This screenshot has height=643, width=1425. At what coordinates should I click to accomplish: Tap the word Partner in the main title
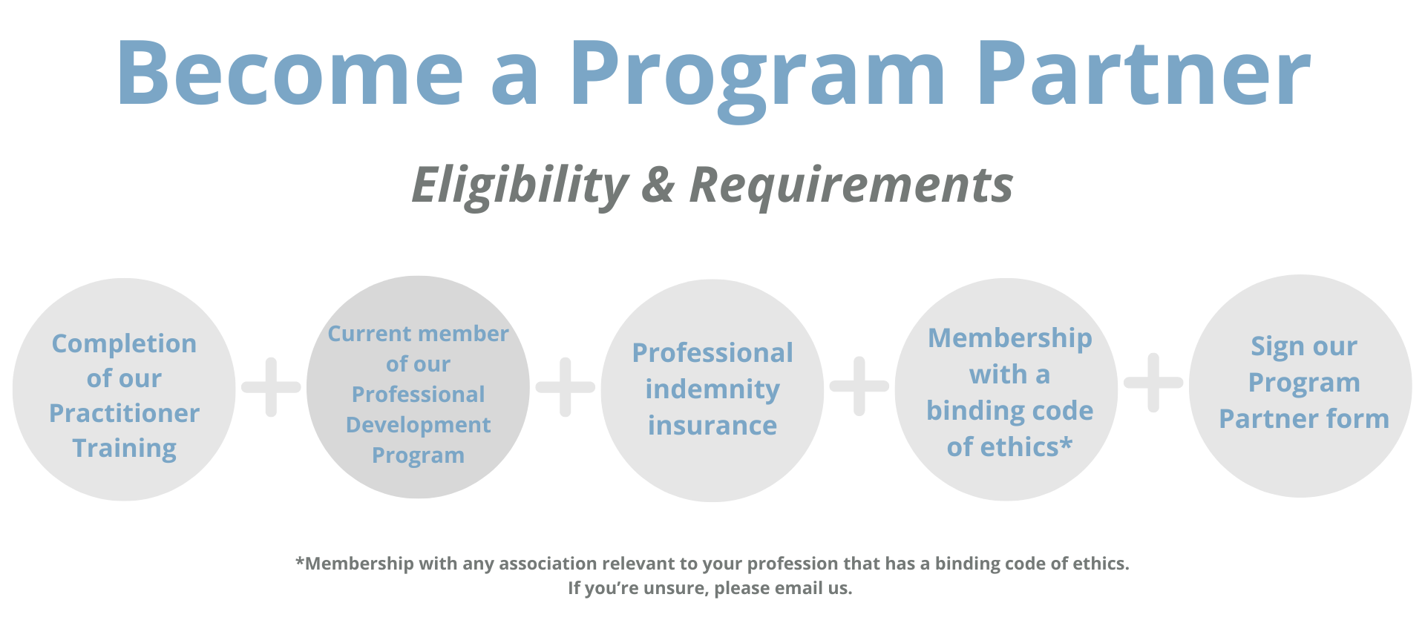click(x=1144, y=72)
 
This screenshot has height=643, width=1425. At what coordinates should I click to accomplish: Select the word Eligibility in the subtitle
click(x=520, y=185)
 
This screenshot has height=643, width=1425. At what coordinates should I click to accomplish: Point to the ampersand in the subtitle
click(x=658, y=185)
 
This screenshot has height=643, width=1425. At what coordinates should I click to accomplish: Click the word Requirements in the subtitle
click(x=851, y=185)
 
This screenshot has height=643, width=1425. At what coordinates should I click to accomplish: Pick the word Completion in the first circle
click(x=124, y=343)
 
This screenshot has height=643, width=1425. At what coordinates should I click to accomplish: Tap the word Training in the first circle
click(x=124, y=448)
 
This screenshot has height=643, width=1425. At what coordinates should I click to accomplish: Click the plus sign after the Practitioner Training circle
click(x=272, y=386)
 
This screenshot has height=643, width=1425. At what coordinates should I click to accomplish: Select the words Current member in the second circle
click(x=419, y=334)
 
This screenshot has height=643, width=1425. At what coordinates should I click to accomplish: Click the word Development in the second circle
click(x=419, y=425)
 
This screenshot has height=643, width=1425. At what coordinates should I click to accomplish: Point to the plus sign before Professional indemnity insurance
click(x=566, y=386)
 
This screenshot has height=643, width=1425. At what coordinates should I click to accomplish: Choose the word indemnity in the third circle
click(x=712, y=389)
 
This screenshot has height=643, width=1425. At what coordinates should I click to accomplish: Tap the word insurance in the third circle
click(x=712, y=425)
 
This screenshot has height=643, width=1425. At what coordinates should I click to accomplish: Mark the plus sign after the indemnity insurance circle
click(x=859, y=386)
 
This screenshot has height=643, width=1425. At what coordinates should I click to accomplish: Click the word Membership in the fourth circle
click(x=1010, y=338)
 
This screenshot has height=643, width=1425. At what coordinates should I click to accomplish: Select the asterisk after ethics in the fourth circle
click(x=1067, y=443)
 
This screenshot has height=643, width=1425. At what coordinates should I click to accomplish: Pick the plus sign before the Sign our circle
click(x=1153, y=383)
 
